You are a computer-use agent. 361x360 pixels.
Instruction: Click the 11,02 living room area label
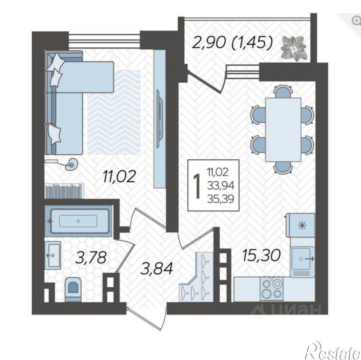[119, 177]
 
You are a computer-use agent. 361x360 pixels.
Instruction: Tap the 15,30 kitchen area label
[261, 255]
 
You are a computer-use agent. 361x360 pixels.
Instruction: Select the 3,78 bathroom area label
[91, 257]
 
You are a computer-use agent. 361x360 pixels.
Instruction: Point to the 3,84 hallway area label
[157, 268]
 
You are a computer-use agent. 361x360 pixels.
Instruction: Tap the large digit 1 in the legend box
[197, 186]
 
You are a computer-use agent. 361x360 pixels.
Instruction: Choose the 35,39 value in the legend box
[221, 199]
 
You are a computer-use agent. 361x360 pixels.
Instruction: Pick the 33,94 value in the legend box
[221, 186]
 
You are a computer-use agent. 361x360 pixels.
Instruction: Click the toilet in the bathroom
[73, 289]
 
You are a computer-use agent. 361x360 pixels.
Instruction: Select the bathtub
[78, 221]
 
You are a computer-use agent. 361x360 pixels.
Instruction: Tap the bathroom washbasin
[53, 255]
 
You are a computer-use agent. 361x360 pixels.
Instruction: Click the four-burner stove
[272, 289]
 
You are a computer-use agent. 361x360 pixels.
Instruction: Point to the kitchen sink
[302, 259]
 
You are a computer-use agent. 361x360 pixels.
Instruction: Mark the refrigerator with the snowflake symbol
[300, 225]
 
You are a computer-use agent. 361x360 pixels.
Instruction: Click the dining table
[283, 129]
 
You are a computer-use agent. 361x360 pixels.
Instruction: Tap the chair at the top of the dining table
[283, 91]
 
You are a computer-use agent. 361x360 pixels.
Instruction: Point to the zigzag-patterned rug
[114, 113]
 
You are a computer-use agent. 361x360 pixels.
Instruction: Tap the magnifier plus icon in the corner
[356, 20]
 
